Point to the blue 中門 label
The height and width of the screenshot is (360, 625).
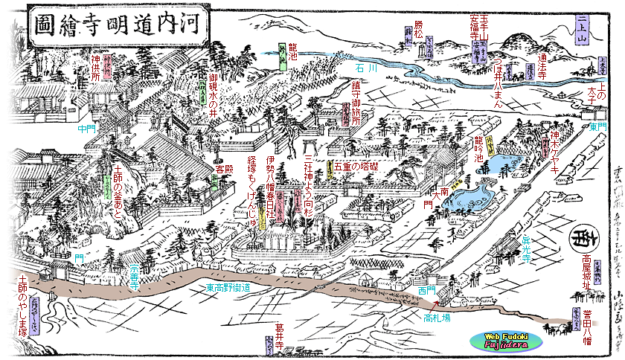click(86, 128)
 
